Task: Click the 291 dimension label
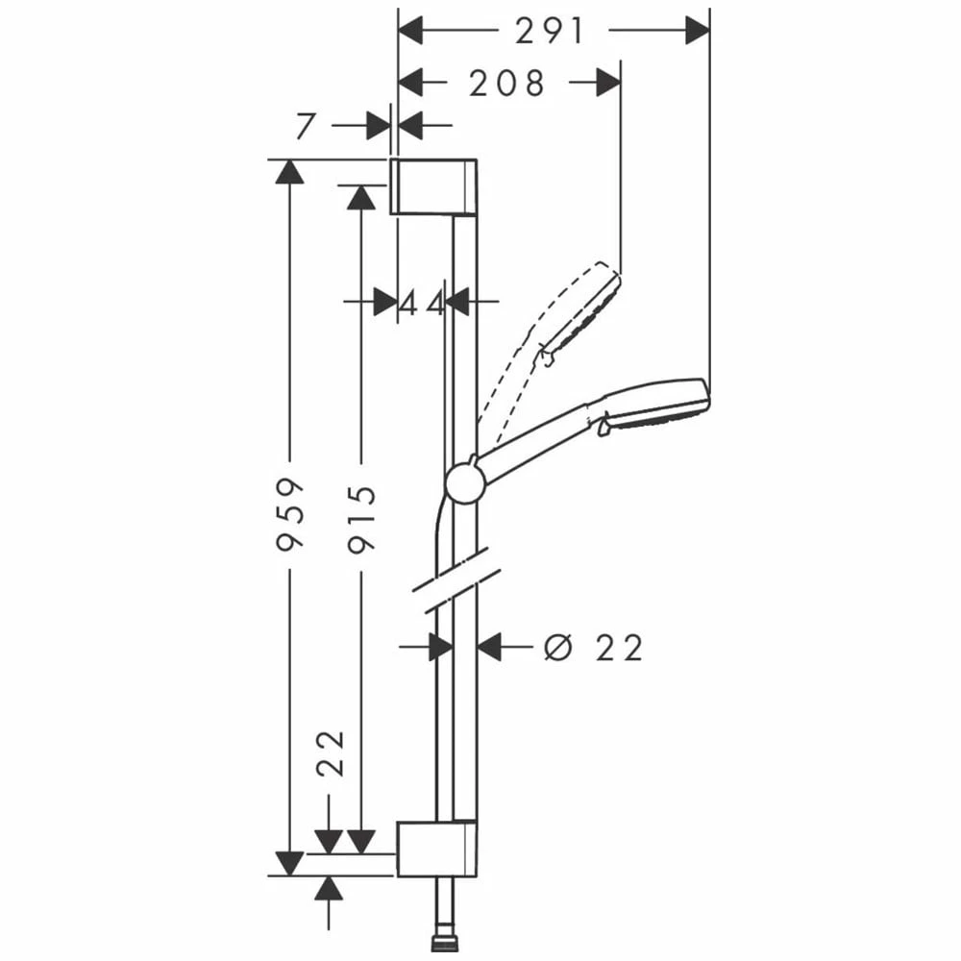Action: point(549,32)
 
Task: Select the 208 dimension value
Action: point(506,84)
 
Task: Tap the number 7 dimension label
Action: point(306,126)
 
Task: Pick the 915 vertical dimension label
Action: point(361,520)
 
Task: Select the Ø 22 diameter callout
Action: point(593,648)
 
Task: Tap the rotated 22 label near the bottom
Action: point(332,753)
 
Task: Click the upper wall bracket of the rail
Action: point(434,187)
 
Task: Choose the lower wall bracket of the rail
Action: point(437,849)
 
